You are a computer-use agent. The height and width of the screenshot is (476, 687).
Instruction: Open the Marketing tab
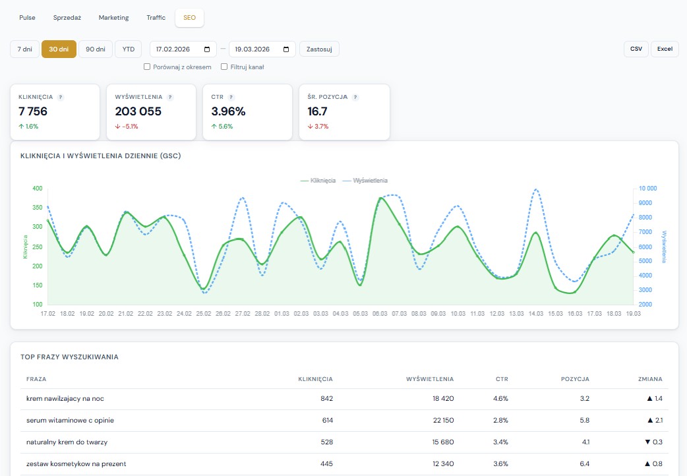click(113, 18)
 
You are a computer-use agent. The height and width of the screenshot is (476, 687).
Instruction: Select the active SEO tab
click(189, 18)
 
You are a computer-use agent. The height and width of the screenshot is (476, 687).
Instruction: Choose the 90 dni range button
click(96, 49)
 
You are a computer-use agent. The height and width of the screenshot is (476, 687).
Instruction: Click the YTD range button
click(128, 49)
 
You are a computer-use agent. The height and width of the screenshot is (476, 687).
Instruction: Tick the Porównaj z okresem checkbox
click(147, 67)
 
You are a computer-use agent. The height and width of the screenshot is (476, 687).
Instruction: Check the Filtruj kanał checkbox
click(224, 67)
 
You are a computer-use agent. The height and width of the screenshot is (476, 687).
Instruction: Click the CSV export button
click(636, 49)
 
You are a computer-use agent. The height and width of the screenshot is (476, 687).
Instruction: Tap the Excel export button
click(664, 49)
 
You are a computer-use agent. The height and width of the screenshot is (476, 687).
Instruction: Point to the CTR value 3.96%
click(228, 111)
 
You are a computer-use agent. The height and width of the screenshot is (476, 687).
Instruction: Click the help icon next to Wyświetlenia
click(169, 97)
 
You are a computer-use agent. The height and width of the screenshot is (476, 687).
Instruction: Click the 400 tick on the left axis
click(37, 189)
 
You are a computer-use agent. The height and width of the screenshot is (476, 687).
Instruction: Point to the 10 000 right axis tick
click(647, 189)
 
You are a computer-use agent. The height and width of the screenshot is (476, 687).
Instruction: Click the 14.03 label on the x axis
click(535, 314)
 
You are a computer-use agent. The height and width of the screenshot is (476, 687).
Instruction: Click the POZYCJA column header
click(574, 379)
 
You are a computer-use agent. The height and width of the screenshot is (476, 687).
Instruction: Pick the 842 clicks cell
click(326, 399)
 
